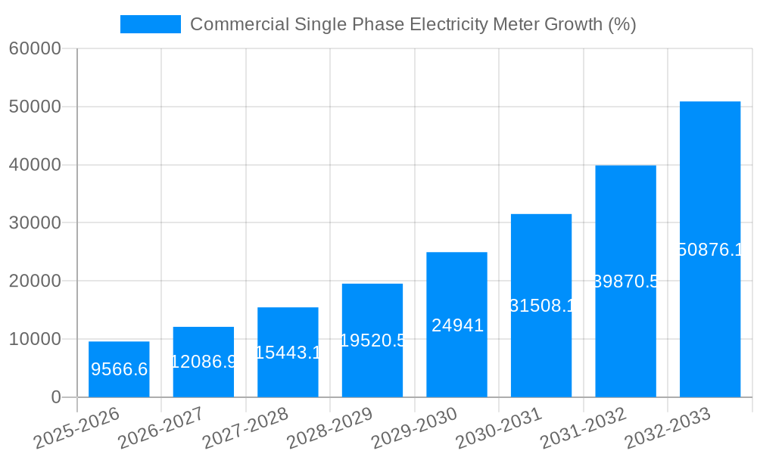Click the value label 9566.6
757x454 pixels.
[119, 369]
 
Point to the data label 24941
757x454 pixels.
[457, 325]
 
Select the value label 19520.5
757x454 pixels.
[372, 340]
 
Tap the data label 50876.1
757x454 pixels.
[710, 250]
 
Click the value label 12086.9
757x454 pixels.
[204, 362]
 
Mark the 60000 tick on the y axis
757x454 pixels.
[34, 48]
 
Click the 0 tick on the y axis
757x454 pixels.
[55, 397]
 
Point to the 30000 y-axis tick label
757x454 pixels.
[34, 223]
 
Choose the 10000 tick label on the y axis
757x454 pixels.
[34, 339]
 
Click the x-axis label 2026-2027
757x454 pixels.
[161, 428]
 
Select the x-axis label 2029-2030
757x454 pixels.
[415, 428]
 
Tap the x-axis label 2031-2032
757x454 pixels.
[584, 428]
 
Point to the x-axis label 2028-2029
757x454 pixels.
[330, 428]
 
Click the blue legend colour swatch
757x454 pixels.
[151, 24]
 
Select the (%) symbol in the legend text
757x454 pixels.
[621, 24]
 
